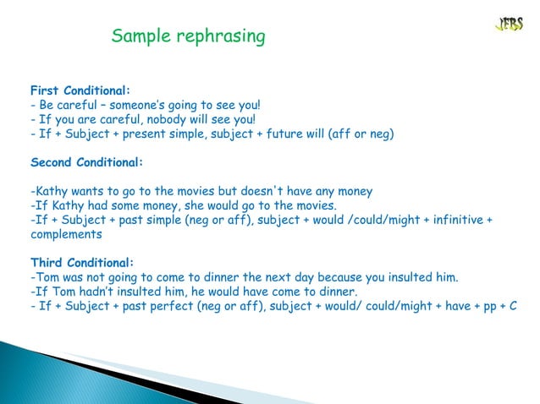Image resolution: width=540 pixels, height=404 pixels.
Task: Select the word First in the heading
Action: (47, 90)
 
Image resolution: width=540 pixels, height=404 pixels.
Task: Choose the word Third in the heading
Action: (49, 261)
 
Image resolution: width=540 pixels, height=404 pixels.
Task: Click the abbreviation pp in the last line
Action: (487, 305)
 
